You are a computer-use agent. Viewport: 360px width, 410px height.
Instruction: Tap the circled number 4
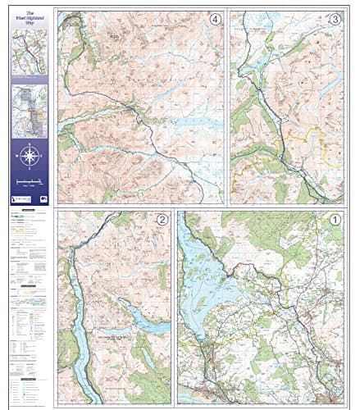pos(215,20)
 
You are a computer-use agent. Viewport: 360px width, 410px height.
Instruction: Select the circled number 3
pos(335,20)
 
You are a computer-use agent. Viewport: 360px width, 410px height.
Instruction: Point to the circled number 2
pos(162,220)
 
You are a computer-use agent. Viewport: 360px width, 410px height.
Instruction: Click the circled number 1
pos(335,220)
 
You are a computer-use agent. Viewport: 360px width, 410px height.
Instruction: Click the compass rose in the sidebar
pos(30,156)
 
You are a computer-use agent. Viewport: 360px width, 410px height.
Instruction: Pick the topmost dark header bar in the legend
pos(30,211)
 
